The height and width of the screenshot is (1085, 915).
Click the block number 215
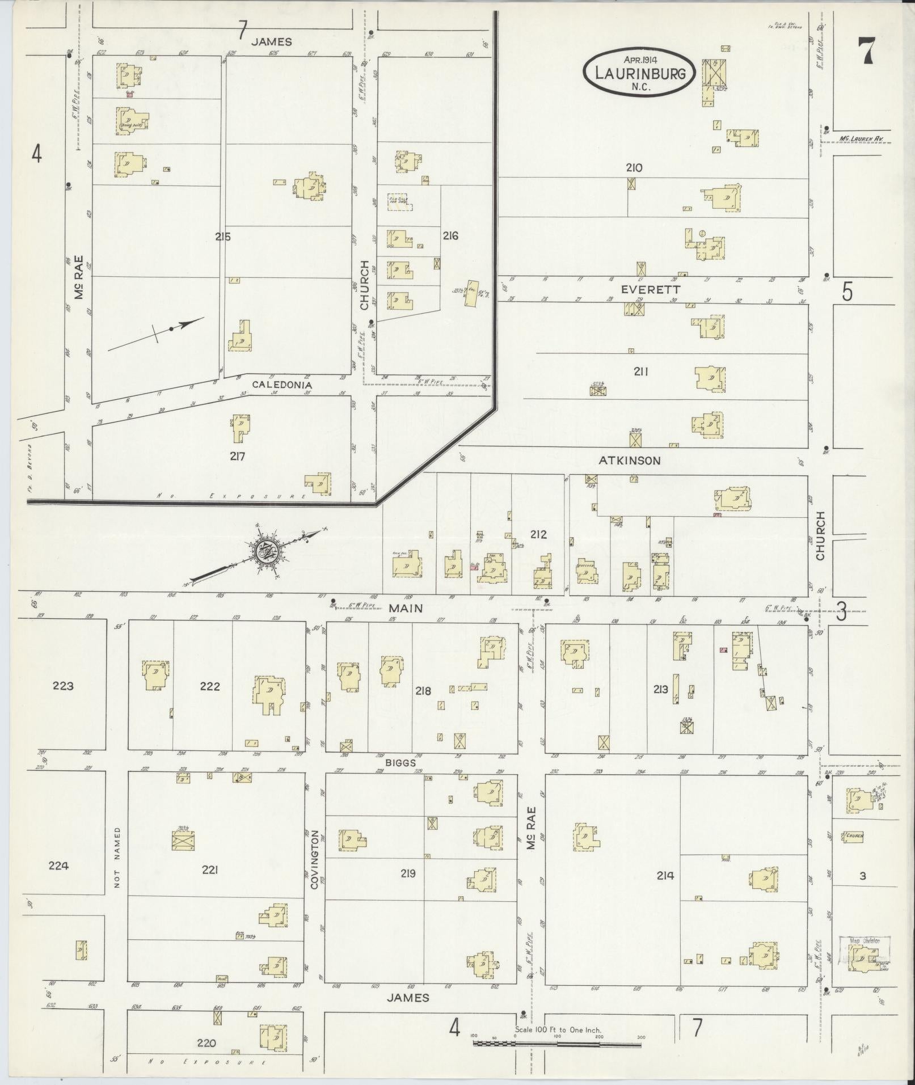click(x=223, y=237)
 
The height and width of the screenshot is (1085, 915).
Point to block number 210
click(x=634, y=168)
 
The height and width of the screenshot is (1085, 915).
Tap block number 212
click(x=538, y=534)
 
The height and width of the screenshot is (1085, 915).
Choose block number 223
click(x=63, y=686)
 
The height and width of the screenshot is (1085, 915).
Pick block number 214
click(x=665, y=876)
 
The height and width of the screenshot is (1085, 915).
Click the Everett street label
click(x=643, y=289)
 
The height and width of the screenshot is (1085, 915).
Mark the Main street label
click(x=406, y=608)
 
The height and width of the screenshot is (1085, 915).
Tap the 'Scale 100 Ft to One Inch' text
click(x=558, y=1030)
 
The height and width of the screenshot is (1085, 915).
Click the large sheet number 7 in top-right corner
click(x=865, y=51)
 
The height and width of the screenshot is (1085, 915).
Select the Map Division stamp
click(x=865, y=940)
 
